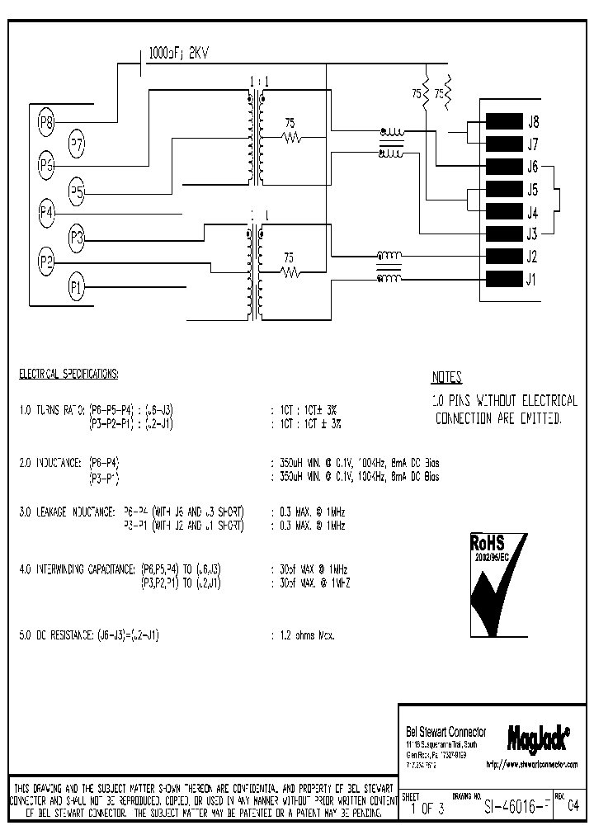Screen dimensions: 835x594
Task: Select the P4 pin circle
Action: coord(48,213)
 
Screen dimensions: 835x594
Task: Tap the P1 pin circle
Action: coord(77,287)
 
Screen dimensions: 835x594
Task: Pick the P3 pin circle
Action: coord(77,238)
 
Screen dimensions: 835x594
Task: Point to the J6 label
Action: coord(533,166)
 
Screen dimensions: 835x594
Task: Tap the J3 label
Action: coord(533,234)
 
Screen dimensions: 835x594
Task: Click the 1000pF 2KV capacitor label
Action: coord(179,54)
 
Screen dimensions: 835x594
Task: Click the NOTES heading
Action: coord(446,378)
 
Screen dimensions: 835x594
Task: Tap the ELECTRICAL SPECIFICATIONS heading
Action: coord(68,374)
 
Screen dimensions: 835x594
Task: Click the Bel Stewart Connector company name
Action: coord(445,732)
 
